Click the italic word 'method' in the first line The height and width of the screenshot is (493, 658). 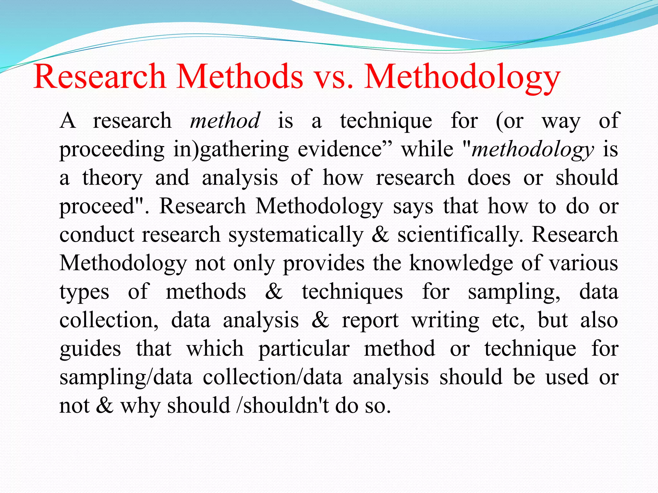point(225,121)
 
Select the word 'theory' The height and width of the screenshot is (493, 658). point(112,178)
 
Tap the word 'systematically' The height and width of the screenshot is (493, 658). point(296,235)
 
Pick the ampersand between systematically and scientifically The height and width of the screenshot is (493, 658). point(380,235)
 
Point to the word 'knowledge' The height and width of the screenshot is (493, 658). point(461,263)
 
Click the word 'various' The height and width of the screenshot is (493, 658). point(583,263)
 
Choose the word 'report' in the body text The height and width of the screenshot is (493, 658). point(370,320)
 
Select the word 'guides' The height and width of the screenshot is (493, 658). point(90,349)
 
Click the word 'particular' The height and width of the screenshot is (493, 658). point(304,349)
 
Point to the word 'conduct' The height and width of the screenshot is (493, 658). point(97,235)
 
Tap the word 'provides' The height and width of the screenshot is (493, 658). point(324,263)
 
